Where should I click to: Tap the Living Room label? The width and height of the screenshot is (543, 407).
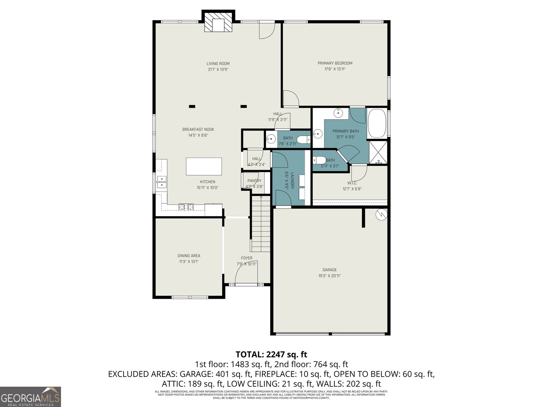218,63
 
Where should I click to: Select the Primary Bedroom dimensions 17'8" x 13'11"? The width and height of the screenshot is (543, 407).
335,69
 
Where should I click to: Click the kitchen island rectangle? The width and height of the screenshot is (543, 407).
204,166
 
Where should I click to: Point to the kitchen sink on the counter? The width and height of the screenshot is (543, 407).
161,182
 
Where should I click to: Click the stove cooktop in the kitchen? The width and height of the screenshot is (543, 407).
186,206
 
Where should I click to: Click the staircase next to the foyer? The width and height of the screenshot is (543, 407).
261,226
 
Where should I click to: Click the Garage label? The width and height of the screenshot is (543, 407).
330,270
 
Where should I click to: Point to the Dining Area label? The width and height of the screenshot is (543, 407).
189,256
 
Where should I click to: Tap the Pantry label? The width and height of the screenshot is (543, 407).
254,181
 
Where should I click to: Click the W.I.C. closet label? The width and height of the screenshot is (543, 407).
352,183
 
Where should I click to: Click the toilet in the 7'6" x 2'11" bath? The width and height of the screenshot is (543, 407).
303,139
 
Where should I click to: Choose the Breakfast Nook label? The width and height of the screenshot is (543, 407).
198,129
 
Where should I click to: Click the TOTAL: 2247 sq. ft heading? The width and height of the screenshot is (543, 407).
271,354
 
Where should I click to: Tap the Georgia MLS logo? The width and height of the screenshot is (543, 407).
31,396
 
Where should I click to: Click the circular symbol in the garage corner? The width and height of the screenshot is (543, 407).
381,214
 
